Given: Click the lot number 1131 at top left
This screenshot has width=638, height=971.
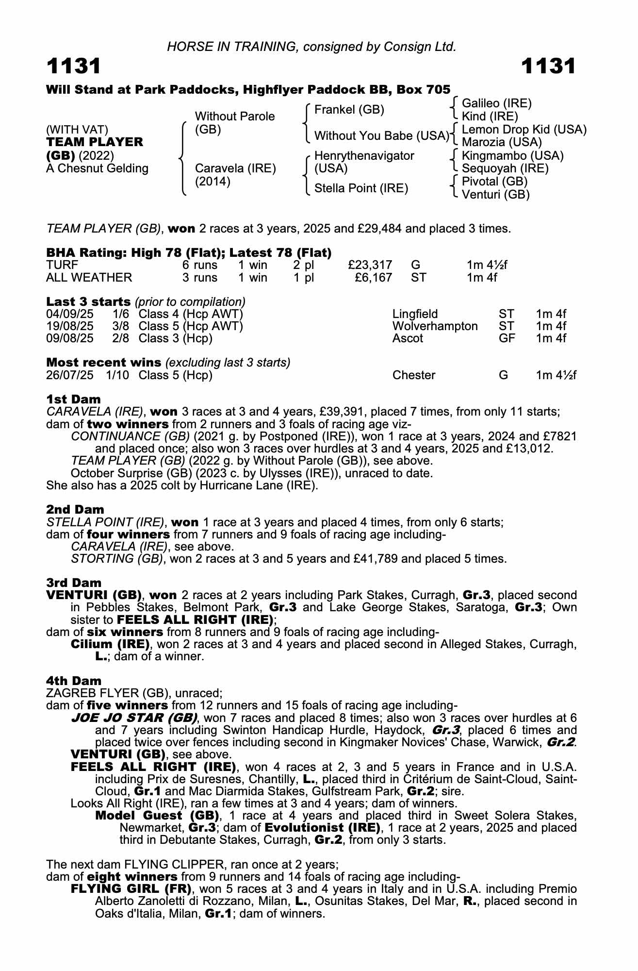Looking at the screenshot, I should (74, 67).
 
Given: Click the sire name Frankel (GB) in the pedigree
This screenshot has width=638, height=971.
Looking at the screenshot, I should (349, 110).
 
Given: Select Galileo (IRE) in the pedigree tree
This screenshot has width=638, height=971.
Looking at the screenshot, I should (496, 103).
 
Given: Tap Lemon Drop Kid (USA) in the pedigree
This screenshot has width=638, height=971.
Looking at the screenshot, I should (524, 130).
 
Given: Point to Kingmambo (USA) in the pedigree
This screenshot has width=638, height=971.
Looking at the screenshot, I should (512, 156).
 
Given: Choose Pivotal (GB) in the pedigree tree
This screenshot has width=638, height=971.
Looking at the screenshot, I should (494, 182).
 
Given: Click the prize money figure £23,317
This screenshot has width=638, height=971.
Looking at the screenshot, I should (370, 265).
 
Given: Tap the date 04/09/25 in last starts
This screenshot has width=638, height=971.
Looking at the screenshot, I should (70, 314).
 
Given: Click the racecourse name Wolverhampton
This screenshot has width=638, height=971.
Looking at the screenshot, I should (435, 326).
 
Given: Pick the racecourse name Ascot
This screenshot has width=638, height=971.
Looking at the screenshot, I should (408, 338).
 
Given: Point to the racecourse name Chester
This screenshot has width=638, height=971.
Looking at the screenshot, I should (413, 375).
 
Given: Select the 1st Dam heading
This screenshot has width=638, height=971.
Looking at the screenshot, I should (74, 399).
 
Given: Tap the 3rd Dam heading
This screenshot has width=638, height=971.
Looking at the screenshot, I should (74, 583).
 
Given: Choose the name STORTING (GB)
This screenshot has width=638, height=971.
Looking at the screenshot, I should (117, 559).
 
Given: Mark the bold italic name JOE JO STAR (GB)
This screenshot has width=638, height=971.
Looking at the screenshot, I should (134, 718).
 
